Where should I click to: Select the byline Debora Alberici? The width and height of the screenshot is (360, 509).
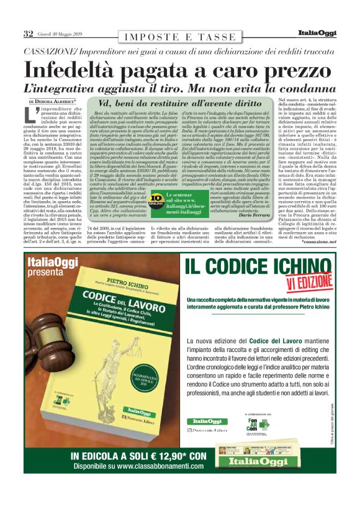[65, 101]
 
